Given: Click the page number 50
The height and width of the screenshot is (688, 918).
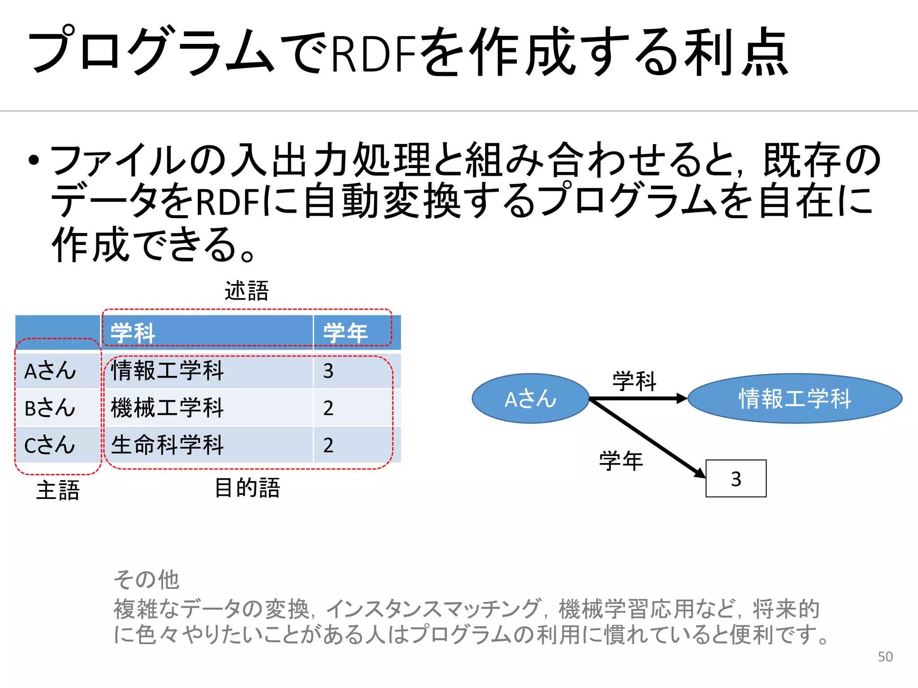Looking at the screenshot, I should point(885,657).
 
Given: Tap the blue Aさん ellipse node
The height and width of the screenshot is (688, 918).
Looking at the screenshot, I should point(530,398).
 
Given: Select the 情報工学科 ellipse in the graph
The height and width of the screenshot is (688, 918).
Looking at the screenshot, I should point(794,398).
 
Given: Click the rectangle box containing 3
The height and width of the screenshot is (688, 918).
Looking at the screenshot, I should point(736,478).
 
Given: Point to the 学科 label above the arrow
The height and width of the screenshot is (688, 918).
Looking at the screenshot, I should point(634,381).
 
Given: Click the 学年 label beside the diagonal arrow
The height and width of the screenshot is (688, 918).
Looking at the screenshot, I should point(621,461).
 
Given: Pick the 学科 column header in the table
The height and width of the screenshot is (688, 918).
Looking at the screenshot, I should point(133,333).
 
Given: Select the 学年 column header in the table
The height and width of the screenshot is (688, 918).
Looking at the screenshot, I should point(345,333).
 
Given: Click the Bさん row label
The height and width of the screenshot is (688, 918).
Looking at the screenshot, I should point(50,408).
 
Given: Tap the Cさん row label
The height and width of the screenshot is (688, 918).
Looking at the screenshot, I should point(50,445).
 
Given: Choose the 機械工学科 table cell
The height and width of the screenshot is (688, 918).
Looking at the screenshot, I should point(167,408).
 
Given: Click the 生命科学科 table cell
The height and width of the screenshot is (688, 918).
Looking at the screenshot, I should point(167,445).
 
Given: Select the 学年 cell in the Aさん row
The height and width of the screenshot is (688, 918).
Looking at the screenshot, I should point(329,371).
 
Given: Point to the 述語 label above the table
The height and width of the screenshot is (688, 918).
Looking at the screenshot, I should point(247,291).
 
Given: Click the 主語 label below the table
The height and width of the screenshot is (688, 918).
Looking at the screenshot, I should point(58,490).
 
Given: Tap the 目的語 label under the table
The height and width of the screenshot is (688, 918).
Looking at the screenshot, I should point(247,488).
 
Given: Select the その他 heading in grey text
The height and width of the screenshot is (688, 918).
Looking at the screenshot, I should point(147,580).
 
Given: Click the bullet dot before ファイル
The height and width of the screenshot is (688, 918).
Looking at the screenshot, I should point(34,160).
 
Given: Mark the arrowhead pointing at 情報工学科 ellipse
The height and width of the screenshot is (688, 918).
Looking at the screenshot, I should point(682,398).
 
